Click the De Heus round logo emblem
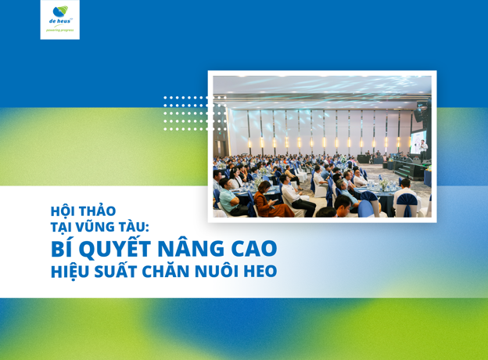point(60,12)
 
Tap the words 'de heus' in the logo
point(60,21)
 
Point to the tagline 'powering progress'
point(60,31)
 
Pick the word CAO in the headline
point(253,249)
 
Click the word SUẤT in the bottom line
point(116,271)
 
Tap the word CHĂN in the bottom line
point(166,271)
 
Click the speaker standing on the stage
point(423,151)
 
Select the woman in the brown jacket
point(270,201)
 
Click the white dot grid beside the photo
point(196,113)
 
